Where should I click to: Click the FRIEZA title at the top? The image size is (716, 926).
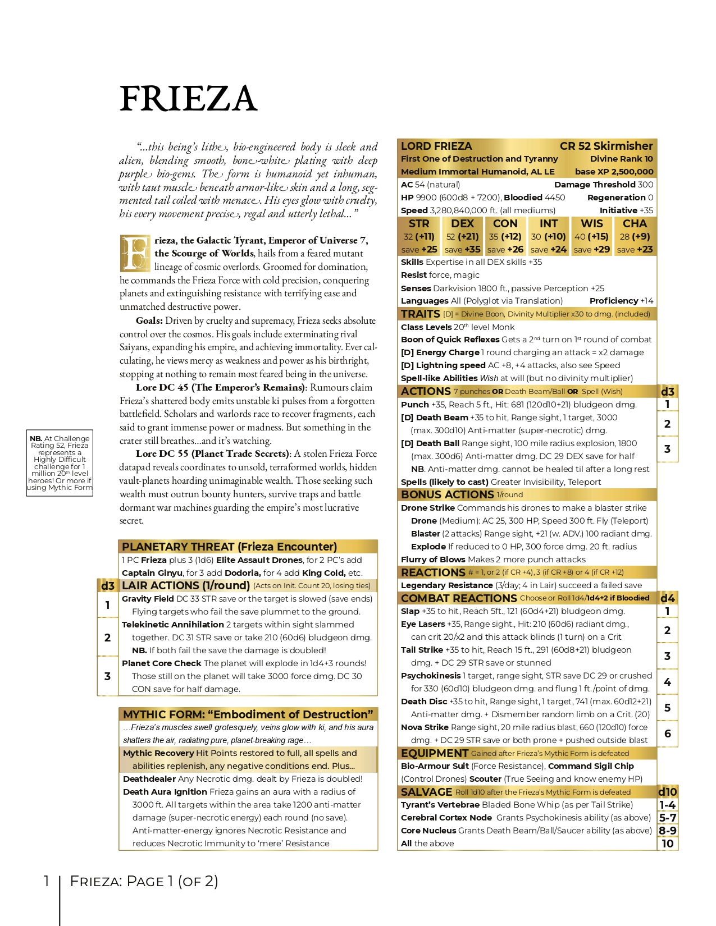coord(188,99)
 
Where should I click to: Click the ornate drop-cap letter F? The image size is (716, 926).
coord(135,254)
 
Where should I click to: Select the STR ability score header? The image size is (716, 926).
coord(419,223)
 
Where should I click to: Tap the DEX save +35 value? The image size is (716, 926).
coord(462,249)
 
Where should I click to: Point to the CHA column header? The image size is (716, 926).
coord(635,223)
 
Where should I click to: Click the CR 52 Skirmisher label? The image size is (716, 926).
coord(606,146)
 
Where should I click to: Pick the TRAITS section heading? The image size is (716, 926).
coord(420,314)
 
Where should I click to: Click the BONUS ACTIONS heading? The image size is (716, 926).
coord(447,494)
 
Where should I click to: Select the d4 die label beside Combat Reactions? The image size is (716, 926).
coord(667,598)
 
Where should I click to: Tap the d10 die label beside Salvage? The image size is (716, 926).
coord(667,792)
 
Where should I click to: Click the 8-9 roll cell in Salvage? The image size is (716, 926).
coord(667,831)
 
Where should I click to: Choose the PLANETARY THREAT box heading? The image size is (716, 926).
coord(229,547)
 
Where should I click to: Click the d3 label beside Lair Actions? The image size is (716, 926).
coord(107,586)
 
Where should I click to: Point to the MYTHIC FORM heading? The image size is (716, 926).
coord(248,714)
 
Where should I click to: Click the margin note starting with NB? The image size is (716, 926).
coord(60,463)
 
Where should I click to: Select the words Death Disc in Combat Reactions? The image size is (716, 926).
coord(424,702)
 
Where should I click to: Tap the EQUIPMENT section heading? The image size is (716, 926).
coord(434,753)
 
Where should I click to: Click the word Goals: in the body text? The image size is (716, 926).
coord(149,320)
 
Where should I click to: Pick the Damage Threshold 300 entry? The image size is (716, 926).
coord(603,185)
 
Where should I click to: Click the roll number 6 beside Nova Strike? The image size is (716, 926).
coord(667,734)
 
